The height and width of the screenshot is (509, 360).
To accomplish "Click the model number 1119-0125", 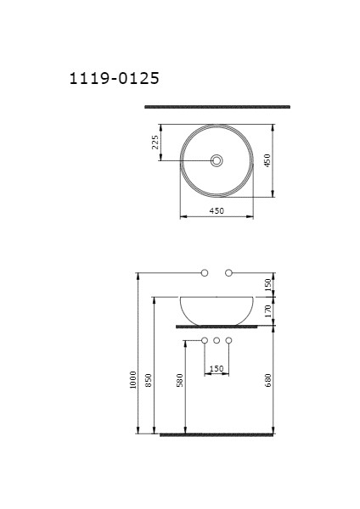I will (x=114, y=79).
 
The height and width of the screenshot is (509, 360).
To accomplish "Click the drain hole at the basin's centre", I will (x=217, y=160).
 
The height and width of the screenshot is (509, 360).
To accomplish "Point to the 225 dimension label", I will (x=155, y=142).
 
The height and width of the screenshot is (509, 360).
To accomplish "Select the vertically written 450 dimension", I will (x=267, y=160).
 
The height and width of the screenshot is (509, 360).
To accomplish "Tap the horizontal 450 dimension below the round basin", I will (x=217, y=211).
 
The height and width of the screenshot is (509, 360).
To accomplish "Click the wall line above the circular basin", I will (x=217, y=107).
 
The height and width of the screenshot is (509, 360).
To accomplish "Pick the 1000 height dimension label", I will (x=132, y=379).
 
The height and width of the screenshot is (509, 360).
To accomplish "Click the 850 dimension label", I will (x=148, y=382).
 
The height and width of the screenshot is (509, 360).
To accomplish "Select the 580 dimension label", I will (x=179, y=382).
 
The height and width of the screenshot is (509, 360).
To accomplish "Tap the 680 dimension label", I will (x=267, y=382).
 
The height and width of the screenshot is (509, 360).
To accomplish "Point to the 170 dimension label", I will (x=267, y=310).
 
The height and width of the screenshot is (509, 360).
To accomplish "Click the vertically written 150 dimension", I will (x=267, y=284).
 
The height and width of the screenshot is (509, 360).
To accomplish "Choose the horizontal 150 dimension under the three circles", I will (x=217, y=368).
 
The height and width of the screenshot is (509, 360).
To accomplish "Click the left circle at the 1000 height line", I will (x=205, y=272).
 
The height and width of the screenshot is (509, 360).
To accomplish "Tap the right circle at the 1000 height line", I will (x=229, y=272).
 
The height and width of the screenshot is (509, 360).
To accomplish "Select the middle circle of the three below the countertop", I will (x=217, y=341).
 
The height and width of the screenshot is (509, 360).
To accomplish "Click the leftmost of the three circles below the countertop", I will (x=205, y=341).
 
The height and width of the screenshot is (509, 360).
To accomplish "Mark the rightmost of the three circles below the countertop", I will (x=228, y=341).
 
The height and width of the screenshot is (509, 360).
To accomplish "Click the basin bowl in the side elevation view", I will (x=217, y=310).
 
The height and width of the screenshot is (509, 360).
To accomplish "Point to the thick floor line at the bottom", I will (x=217, y=434).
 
